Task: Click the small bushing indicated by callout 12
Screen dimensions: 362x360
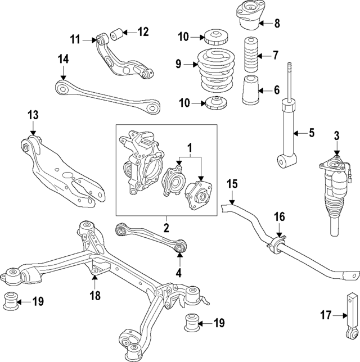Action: pyautogui.click(x=118, y=35)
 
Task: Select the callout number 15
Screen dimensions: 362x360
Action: pyautogui.click(x=233, y=184)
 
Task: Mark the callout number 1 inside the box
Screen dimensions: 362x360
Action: pyautogui.click(x=189, y=148)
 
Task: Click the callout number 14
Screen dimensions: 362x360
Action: pyautogui.click(x=63, y=58)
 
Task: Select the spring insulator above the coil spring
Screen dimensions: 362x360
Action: pyautogui.click(x=214, y=38)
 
